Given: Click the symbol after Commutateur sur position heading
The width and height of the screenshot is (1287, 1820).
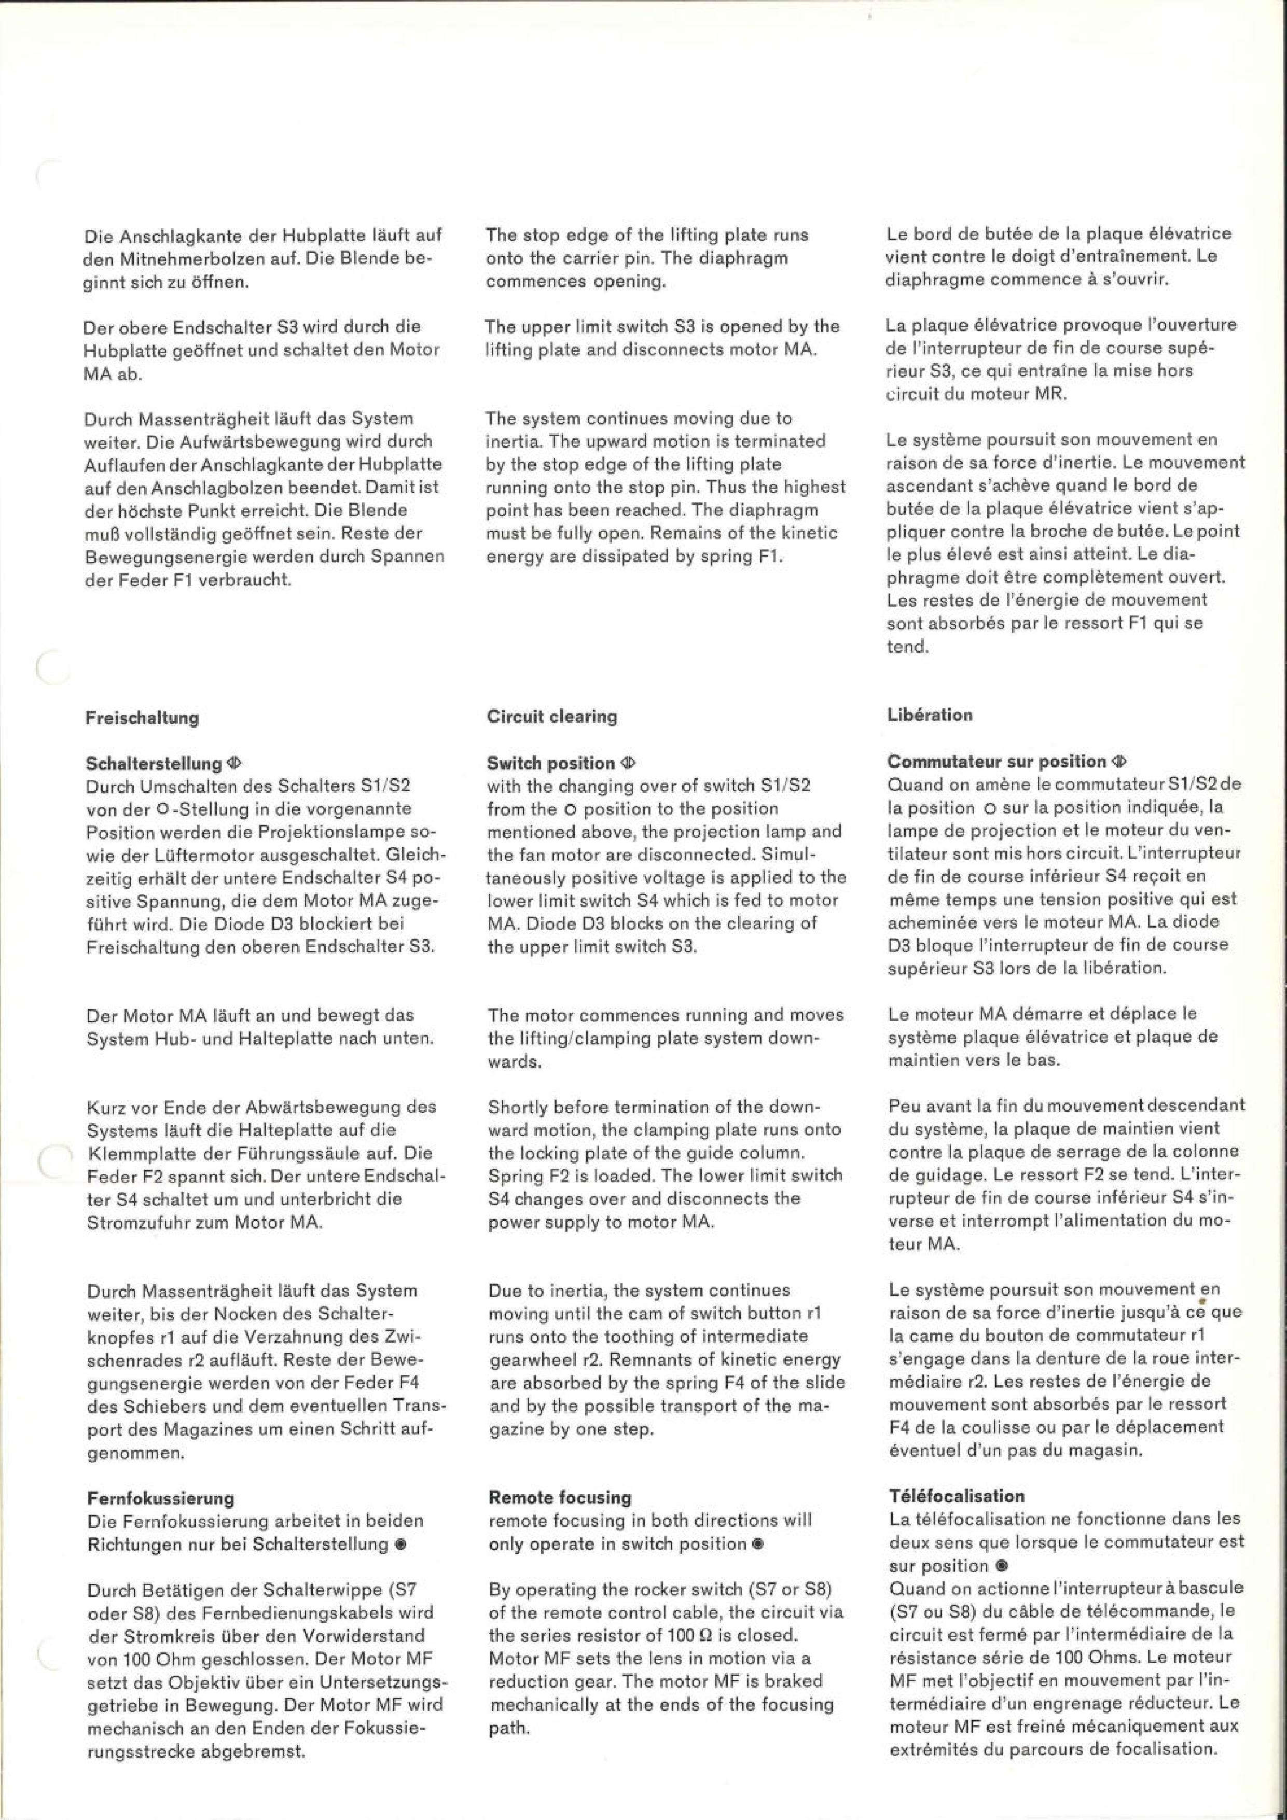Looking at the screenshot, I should (1119, 761).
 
